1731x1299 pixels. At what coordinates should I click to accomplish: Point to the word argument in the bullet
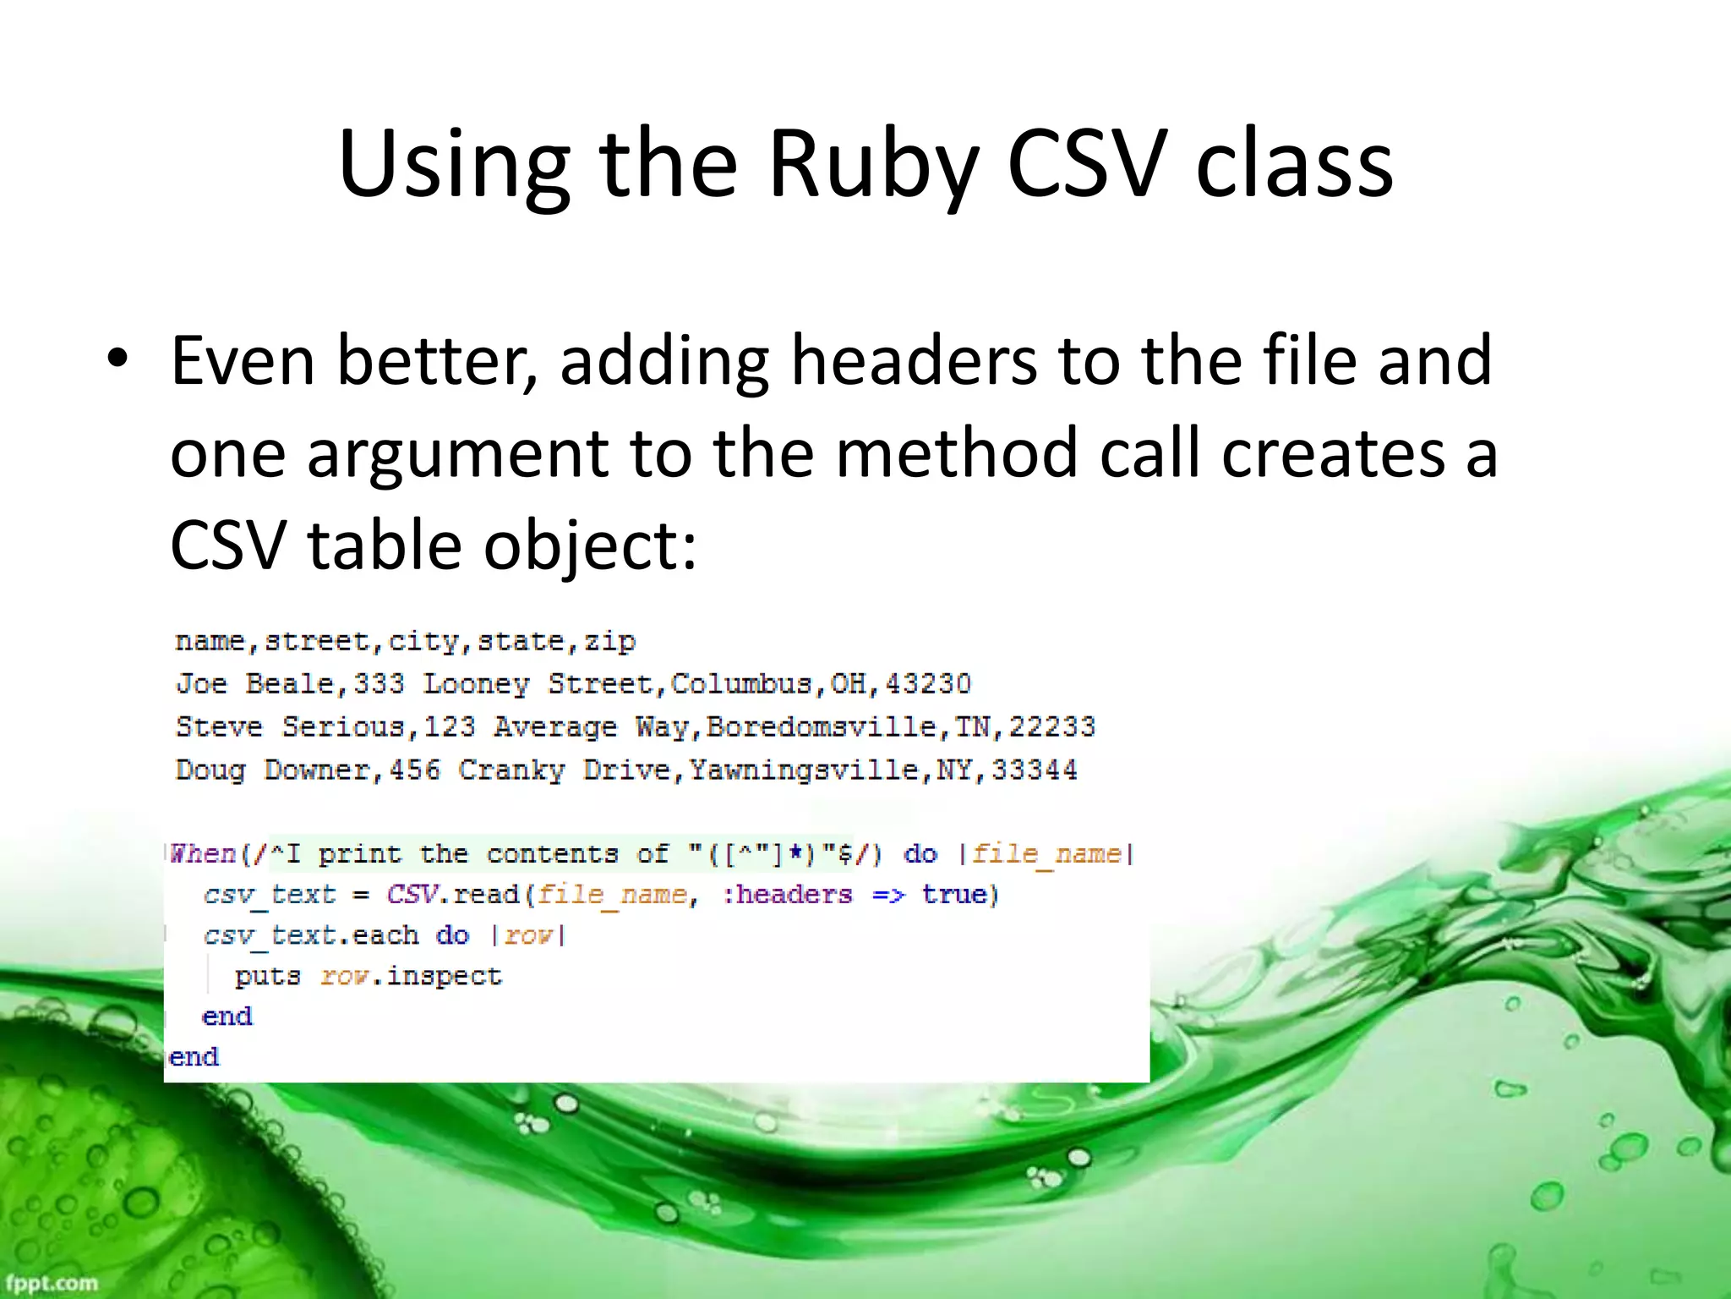(456, 454)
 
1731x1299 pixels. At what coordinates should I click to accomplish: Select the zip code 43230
(928, 683)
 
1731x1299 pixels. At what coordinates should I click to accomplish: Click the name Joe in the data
(201, 683)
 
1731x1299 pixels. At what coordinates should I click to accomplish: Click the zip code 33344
(1035, 770)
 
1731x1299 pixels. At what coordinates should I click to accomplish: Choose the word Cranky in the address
(511, 770)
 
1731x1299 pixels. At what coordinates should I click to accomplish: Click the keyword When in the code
(203, 853)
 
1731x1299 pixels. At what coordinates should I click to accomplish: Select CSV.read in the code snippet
(453, 894)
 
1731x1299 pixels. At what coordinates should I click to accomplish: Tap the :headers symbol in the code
(788, 894)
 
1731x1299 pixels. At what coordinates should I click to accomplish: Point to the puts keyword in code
(268, 976)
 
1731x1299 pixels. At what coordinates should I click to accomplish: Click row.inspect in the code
(412, 976)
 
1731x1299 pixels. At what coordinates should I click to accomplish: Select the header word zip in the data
(610, 641)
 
